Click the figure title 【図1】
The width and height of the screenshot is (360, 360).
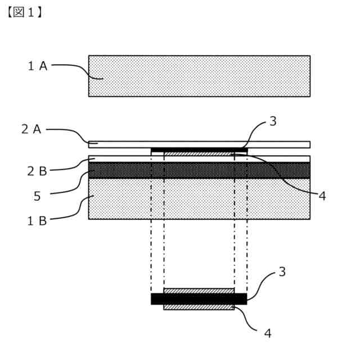pos(24,12)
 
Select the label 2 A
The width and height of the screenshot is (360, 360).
pos(31,129)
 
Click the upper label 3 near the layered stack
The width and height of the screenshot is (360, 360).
pos(273,121)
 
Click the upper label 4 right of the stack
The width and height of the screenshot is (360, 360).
pos(322,196)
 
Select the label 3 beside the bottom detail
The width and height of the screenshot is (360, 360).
pos(282,272)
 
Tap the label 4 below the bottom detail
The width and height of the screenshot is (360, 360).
pos(268,333)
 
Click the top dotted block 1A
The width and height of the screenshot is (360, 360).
pos(199,76)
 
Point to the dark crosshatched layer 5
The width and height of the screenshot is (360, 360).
pos(199,170)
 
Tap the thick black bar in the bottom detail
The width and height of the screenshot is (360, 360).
pos(199,299)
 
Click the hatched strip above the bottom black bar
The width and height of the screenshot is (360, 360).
pos(199,291)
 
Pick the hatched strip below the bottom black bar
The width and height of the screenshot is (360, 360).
pos(199,307)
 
